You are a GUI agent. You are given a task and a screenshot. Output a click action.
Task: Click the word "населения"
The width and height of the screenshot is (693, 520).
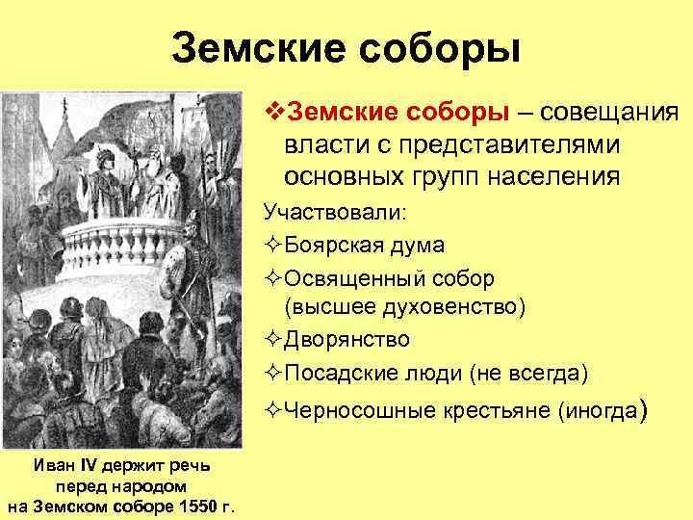(560, 176)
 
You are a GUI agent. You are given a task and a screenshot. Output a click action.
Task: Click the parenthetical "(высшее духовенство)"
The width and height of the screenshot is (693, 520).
(404, 307)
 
